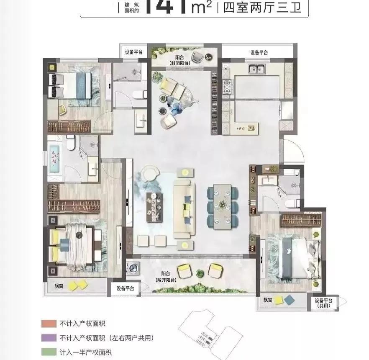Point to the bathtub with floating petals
[54, 158]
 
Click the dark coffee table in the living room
[154, 206]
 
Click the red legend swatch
[46, 324]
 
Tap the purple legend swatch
[46, 338]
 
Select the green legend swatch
[46, 352]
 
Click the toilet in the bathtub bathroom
[70, 143]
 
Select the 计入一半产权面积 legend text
[85, 352]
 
